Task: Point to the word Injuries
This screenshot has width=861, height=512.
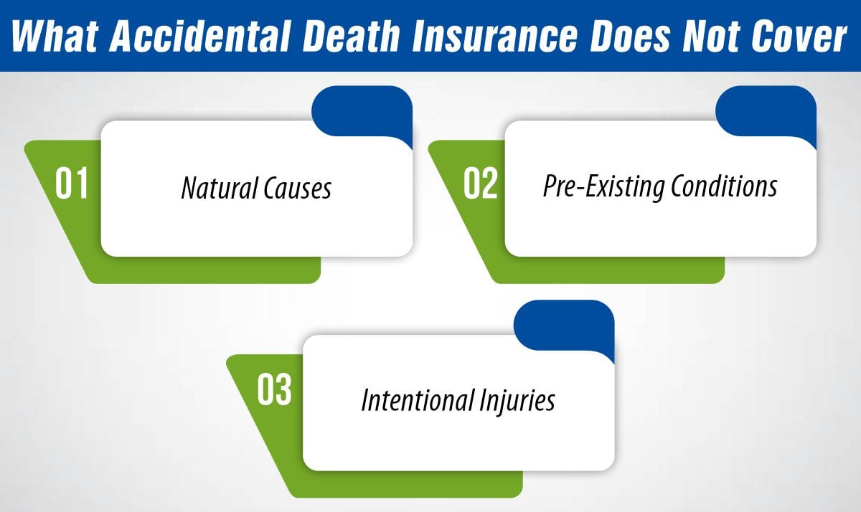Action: (518, 400)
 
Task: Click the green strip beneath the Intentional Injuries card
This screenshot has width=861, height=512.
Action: (402, 484)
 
